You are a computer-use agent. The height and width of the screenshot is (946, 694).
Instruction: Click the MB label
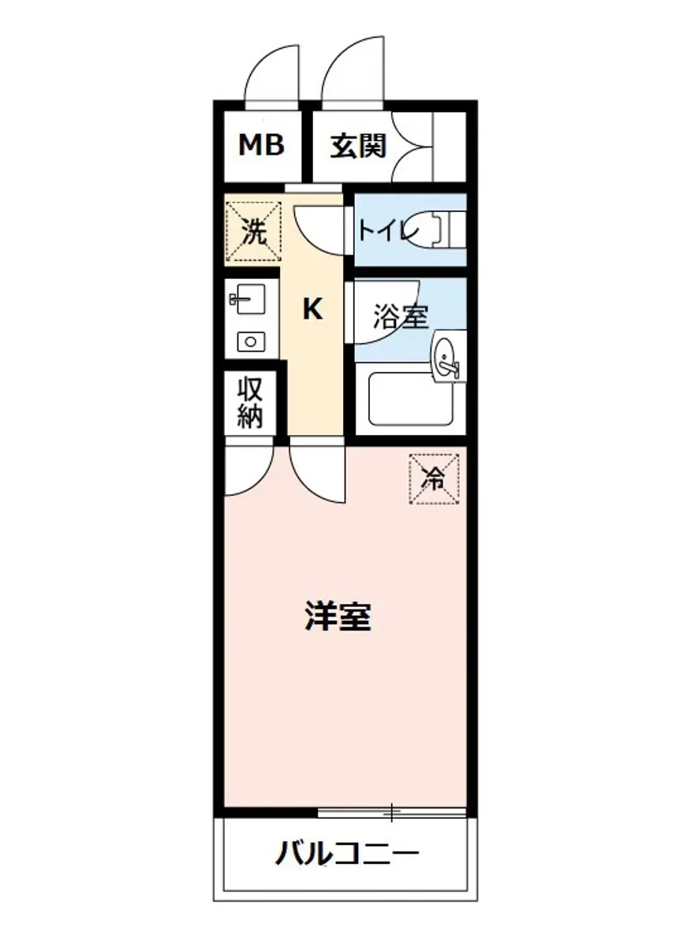[261, 145]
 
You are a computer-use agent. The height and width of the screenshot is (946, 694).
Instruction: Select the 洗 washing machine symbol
[253, 232]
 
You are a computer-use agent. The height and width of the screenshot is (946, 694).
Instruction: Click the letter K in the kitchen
[313, 310]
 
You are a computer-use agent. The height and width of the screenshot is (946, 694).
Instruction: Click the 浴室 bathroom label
[401, 316]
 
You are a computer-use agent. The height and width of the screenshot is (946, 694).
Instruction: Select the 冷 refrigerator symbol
[433, 478]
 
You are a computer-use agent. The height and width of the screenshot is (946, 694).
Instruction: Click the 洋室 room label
[338, 617]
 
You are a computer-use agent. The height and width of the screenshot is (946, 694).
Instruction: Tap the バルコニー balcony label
[346, 853]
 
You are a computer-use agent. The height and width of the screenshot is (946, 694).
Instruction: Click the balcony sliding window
[392, 811]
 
